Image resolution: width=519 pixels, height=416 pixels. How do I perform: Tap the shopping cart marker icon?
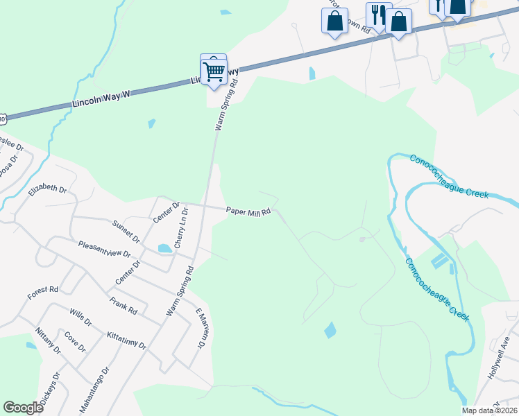point(214,69)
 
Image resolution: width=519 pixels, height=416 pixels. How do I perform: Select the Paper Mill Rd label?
point(248,211)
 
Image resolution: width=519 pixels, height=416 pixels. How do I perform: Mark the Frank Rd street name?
point(123,306)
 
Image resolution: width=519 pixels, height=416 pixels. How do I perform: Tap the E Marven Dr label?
point(202,328)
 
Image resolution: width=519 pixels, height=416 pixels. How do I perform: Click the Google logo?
point(23,407)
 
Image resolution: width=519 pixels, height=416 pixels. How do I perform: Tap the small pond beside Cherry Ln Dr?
point(165,248)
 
